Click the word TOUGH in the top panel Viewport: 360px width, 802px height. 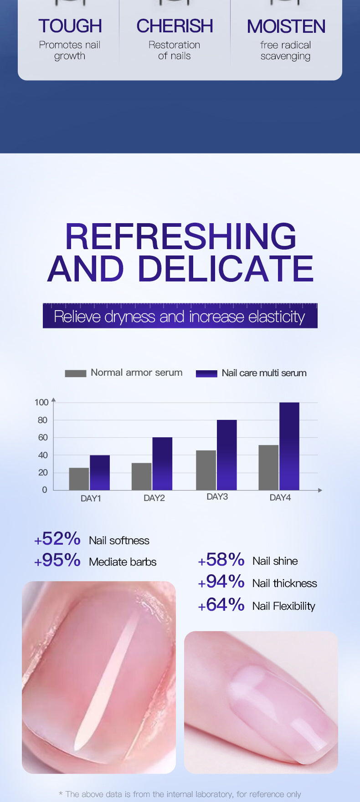tap(70, 26)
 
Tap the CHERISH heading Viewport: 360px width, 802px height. tap(175, 26)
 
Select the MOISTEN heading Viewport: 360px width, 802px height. tap(286, 27)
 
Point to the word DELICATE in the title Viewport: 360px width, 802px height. tap(226, 269)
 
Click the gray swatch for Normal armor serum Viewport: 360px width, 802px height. tap(75, 373)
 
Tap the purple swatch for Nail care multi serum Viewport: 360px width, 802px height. tap(206, 373)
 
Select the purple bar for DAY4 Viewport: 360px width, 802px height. tap(289, 446)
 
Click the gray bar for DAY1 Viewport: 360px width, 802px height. tap(79, 479)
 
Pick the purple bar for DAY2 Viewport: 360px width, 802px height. tap(162, 464)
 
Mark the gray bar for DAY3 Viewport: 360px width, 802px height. tap(206, 470)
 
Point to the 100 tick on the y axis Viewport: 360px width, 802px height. tap(41, 402)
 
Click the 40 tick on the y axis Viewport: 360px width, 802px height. tap(42, 455)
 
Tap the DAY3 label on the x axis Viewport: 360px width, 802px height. tap(217, 496)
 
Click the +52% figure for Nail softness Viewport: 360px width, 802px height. tap(57, 539)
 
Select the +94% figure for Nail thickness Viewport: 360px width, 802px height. tap(221, 582)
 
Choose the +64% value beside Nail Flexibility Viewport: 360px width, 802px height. tap(221, 605)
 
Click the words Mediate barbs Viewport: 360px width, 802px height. tap(123, 562)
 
